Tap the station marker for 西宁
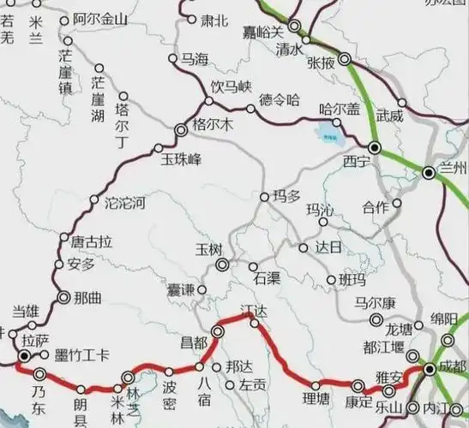click(375, 146)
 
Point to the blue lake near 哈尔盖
click(327, 133)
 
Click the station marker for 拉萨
click(25, 354)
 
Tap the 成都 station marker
click(429, 368)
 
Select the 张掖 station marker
click(345, 60)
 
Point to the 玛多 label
click(286, 196)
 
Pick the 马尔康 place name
click(378, 302)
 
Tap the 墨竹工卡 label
click(81, 356)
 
